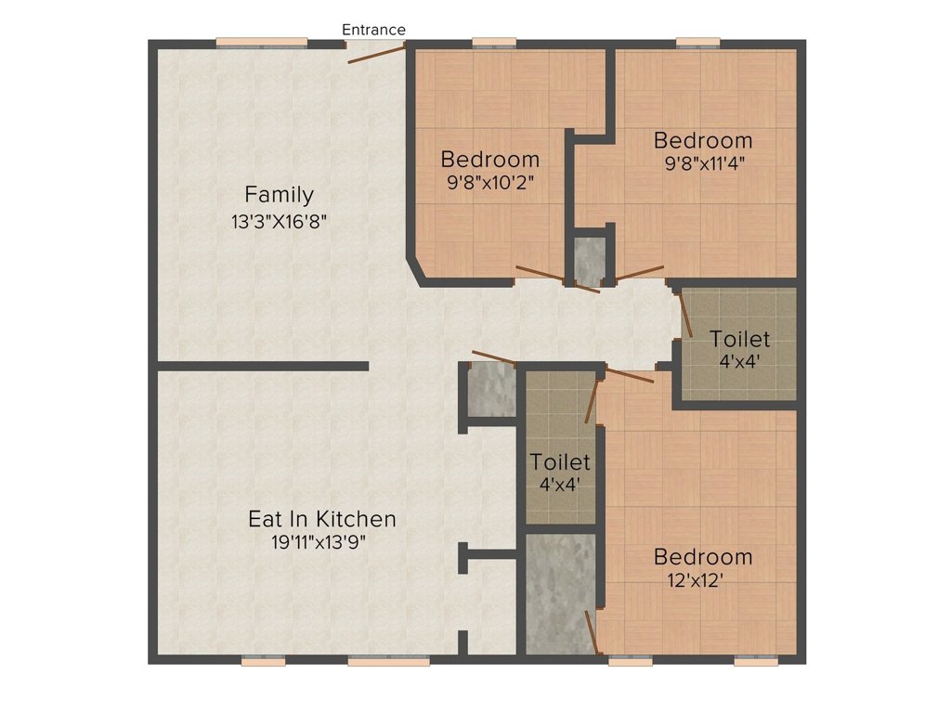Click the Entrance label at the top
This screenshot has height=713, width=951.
373,30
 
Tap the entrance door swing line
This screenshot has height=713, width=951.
376,53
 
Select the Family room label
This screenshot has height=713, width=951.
279,195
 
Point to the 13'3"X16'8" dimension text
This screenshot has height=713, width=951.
279,222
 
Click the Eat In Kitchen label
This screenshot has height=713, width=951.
322,519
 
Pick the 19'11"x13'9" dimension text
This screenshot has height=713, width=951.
319,542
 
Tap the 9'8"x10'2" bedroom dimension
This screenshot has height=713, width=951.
490,183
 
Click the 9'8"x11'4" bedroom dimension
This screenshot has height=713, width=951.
704,163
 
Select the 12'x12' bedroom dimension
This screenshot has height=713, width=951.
697,581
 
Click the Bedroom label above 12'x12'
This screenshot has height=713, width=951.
703,557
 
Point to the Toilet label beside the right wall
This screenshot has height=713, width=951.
740,339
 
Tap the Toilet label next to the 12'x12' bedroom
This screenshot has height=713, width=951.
560,462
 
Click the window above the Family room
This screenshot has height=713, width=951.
262,43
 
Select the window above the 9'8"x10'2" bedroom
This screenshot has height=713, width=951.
494,43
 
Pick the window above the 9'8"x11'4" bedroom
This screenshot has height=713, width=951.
698,43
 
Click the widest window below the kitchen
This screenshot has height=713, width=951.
389,661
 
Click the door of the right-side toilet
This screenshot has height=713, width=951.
685,314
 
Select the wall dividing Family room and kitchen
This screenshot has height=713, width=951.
263,366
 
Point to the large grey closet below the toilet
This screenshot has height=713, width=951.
561,594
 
